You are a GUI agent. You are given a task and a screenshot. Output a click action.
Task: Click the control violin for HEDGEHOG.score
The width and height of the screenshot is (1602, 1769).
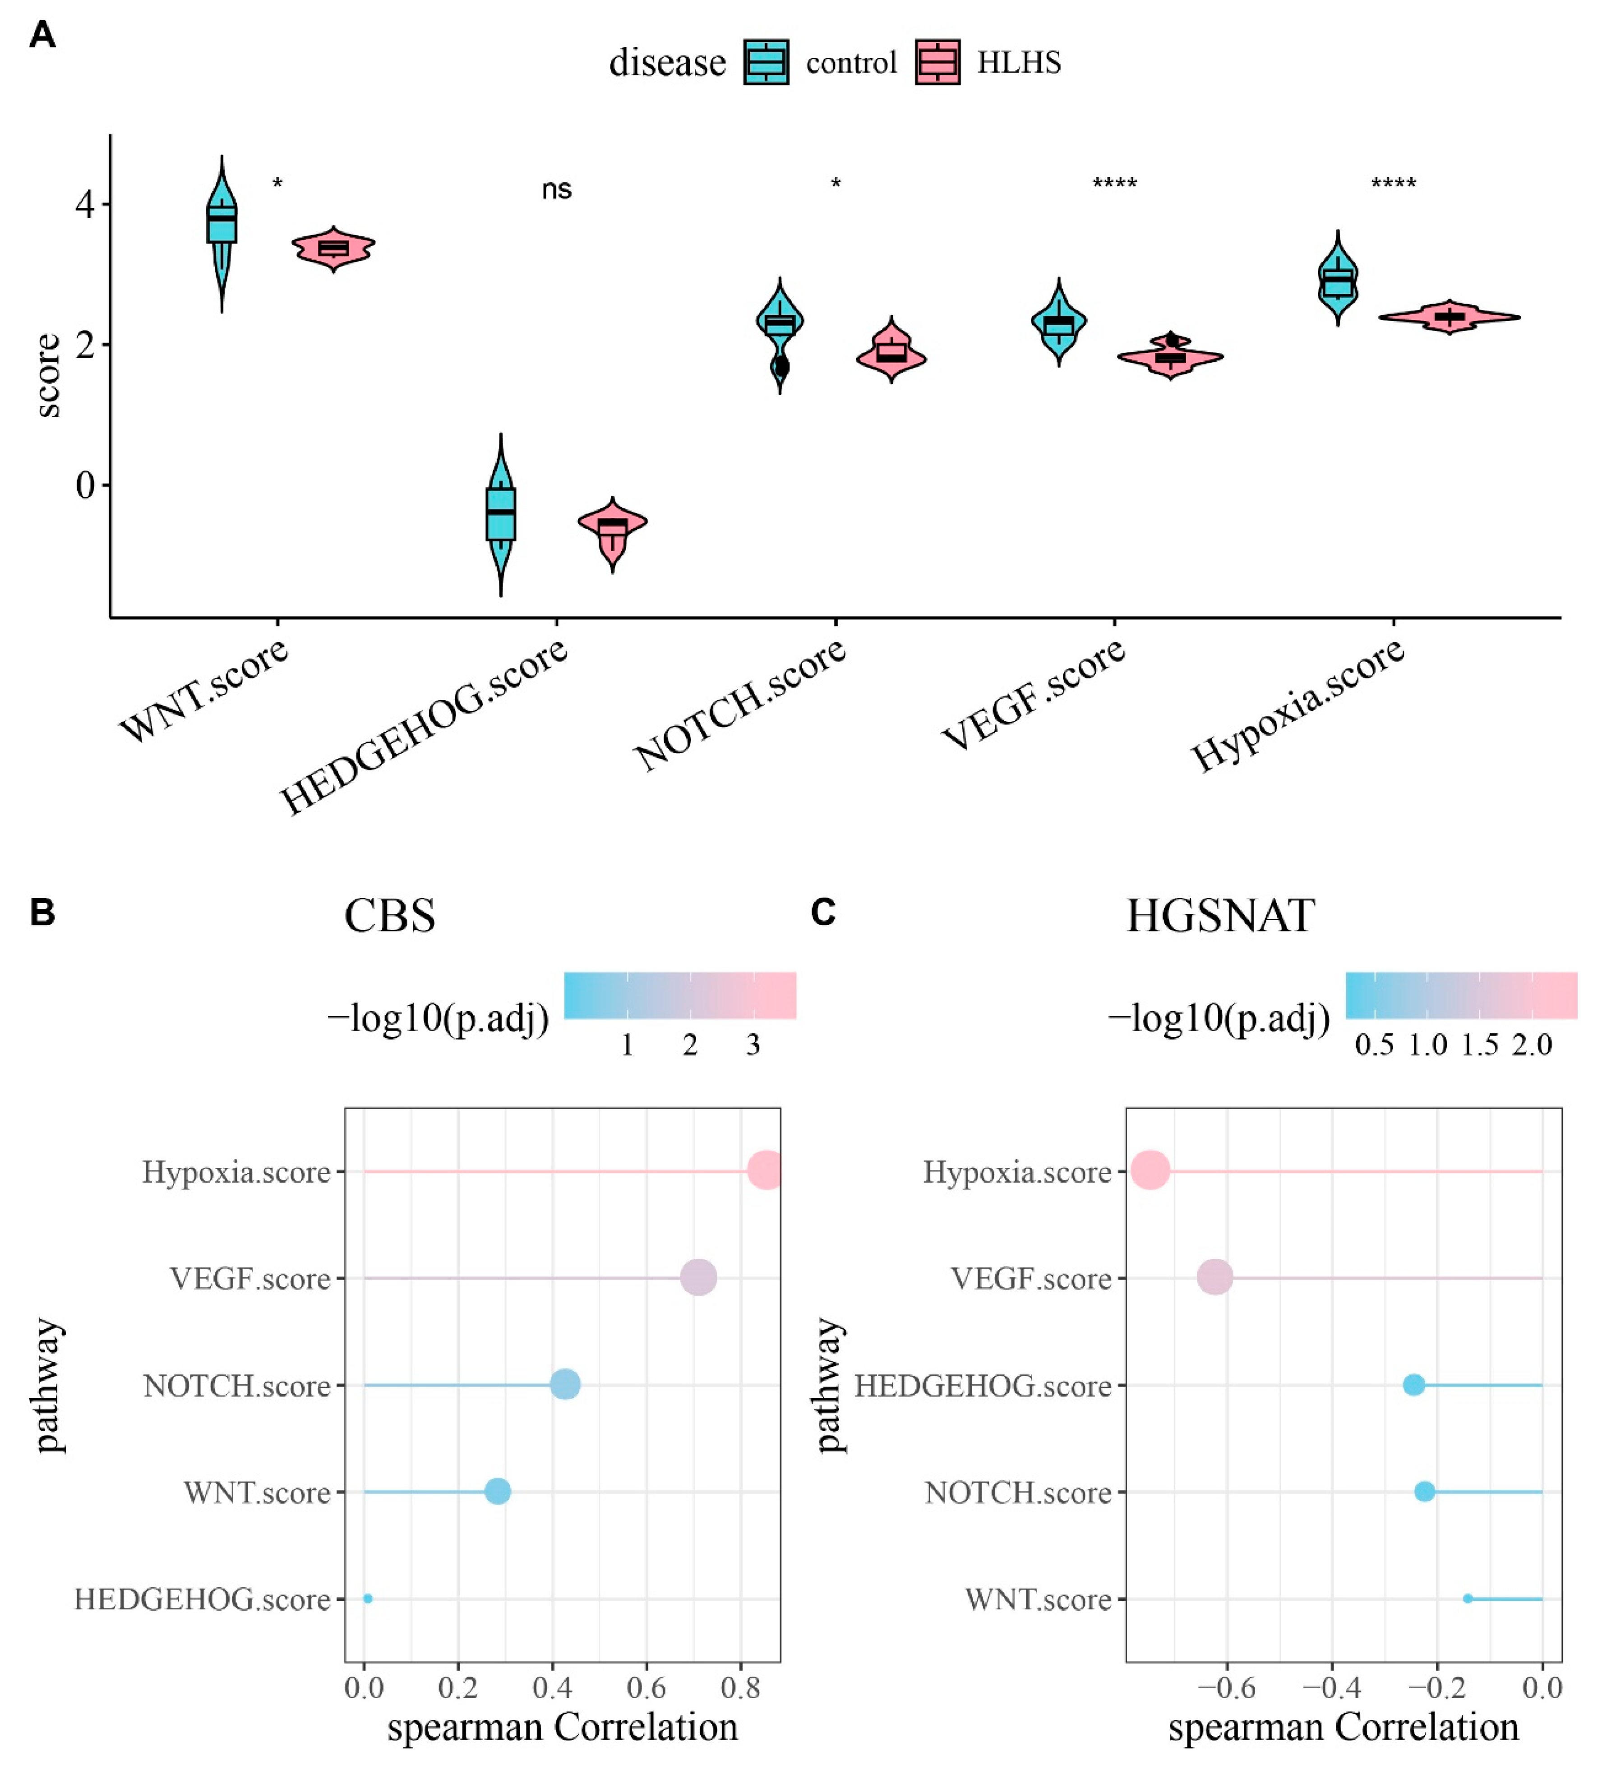pyautogui.click(x=500, y=513)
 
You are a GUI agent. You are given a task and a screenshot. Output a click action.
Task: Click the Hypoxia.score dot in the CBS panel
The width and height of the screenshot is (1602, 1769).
pyautogui.click(x=765, y=1170)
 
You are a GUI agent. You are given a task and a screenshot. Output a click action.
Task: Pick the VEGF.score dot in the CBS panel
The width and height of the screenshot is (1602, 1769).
pyautogui.click(x=699, y=1278)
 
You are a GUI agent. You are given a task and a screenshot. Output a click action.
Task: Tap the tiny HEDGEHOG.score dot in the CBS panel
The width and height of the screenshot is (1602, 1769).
pyautogui.click(x=368, y=1599)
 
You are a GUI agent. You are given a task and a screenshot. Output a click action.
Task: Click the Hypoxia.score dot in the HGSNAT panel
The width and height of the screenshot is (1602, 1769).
pyautogui.click(x=1150, y=1170)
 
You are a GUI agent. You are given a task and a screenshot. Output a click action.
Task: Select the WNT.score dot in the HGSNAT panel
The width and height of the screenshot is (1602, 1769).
pyautogui.click(x=1468, y=1599)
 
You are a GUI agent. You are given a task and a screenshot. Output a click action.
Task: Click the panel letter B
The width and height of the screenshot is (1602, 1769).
pyautogui.click(x=42, y=912)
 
